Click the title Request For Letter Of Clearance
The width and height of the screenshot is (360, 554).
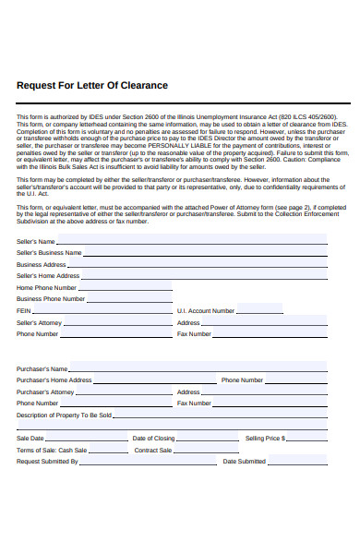[92, 85]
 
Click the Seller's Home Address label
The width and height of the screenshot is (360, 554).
[48, 275]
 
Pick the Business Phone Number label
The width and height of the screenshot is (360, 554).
[51, 299]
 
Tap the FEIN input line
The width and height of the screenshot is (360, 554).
[102, 311]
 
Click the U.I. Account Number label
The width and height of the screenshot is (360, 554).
[206, 311]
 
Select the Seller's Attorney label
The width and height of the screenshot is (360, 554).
[40, 323]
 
